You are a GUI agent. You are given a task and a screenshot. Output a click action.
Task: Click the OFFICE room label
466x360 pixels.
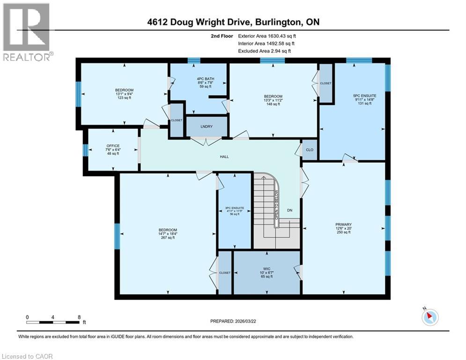pyautogui.click(x=113, y=146)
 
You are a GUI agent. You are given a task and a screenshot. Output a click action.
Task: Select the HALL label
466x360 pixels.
pyautogui.click(x=224, y=157)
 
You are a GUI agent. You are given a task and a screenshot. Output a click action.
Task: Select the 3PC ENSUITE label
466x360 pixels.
pyautogui.click(x=235, y=208)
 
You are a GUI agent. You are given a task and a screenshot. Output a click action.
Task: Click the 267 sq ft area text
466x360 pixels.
pyautogui.click(x=168, y=238)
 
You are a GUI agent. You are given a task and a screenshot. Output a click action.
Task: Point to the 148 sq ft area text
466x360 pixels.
pyautogui.click(x=273, y=104)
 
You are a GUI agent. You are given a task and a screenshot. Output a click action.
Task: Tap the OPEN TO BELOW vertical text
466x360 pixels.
pyautogui.click(x=277, y=205)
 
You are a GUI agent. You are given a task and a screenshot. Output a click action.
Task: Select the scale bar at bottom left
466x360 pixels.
pyautogui.click(x=53, y=322)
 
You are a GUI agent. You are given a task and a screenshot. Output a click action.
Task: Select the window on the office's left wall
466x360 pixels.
pyautogui.click(x=85, y=150)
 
